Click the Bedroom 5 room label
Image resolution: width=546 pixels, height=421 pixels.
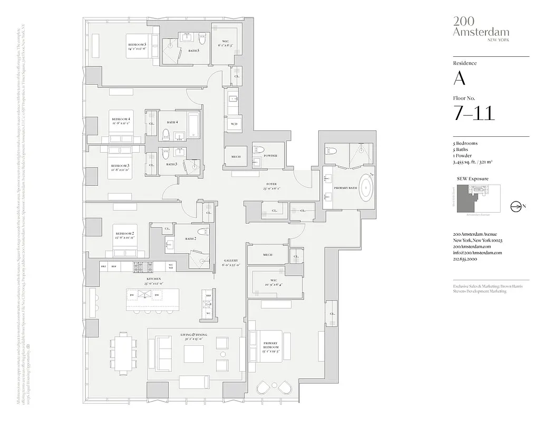136,45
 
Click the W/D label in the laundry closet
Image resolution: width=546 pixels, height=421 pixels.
233,124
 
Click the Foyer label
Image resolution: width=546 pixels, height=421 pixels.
272,184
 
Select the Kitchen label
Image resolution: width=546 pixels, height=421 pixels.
154,278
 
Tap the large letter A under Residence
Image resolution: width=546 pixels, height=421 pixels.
459,79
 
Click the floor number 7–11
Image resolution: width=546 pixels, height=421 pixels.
474,113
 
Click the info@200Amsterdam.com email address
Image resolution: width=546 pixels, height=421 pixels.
477,253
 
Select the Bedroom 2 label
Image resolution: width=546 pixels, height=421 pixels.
125,233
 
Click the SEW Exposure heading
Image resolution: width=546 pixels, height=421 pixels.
471,179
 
